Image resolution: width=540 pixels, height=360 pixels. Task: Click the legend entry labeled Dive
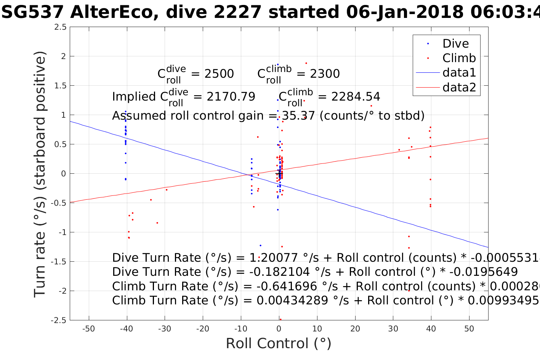tap(455, 43)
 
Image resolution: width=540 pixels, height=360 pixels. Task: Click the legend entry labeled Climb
tap(459, 58)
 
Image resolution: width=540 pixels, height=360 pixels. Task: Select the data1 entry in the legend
tap(459, 72)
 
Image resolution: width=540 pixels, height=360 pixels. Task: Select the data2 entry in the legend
tap(459, 87)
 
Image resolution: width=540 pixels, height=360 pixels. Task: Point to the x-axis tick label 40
tap(431, 329)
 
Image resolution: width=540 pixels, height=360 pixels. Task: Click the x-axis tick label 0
tap(279, 329)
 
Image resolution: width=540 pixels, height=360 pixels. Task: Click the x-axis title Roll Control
tap(279, 344)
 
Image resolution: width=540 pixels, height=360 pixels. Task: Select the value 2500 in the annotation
tap(219, 74)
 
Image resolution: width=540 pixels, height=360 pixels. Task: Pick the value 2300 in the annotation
tap(325, 74)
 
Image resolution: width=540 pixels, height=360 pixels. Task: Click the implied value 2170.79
tap(231, 97)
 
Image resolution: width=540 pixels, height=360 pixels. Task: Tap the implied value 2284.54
tap(356, 97)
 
